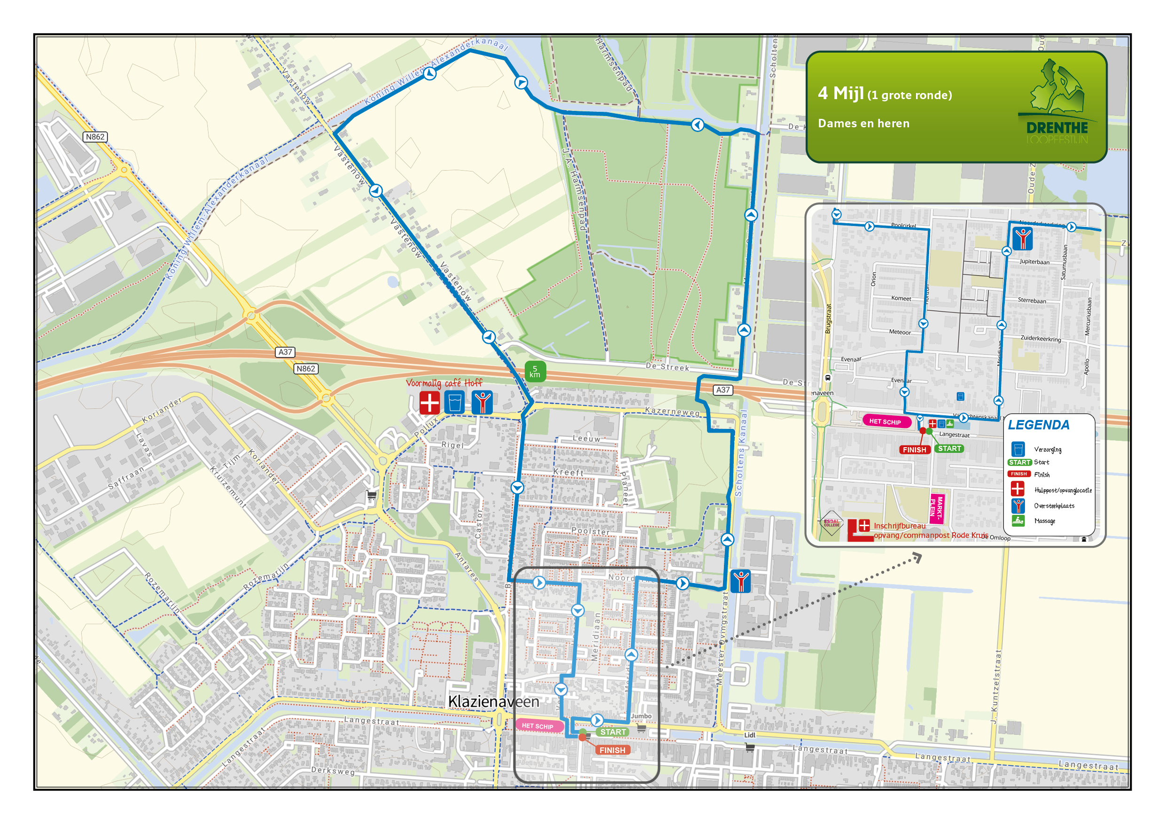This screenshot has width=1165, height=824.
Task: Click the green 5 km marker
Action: point(535,372)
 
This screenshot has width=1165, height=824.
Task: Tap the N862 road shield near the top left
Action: point(95,137)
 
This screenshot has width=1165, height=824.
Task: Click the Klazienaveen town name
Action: point(493,702)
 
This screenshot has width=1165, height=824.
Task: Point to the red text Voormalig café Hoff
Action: point(444,383)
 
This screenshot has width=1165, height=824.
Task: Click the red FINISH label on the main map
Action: point(612,750)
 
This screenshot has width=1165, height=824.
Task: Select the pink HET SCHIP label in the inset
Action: point(885,422)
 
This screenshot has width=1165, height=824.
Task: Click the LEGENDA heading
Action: point(1038,425)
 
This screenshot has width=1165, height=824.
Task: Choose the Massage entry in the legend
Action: point(1044,521)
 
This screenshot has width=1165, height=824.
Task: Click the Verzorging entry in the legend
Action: point(1047,450)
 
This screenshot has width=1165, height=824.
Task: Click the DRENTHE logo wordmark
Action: point(1057,128)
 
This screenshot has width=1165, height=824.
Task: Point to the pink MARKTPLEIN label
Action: point(936,508)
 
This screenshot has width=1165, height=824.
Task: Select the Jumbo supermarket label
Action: point(641,716)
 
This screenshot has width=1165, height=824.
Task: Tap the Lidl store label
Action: point(749,735)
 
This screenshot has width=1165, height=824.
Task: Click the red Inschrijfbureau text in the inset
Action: point(899,526)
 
